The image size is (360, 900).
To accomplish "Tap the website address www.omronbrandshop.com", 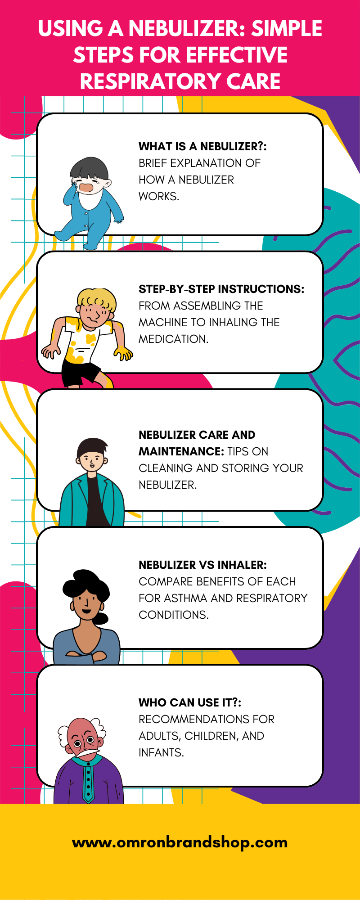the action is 180,842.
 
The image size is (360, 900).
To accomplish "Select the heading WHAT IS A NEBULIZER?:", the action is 202,146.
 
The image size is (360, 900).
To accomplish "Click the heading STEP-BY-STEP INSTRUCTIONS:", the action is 221,289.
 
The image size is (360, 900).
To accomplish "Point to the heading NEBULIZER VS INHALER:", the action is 202,565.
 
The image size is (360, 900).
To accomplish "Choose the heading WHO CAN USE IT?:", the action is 190,702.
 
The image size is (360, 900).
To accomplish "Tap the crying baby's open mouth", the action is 86,187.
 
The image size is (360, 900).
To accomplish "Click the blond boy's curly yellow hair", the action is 97,298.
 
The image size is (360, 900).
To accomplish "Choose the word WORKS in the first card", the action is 158,196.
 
